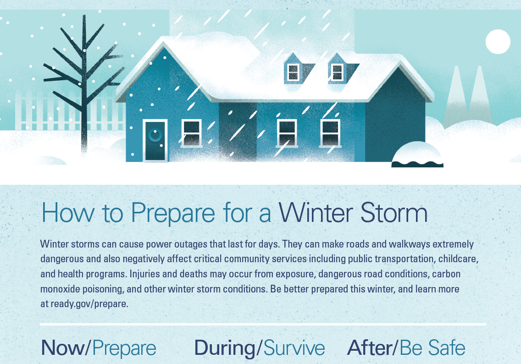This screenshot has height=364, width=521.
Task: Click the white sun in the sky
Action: [x=498, y=42]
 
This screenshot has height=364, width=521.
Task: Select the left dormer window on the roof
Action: [x=293, y=72]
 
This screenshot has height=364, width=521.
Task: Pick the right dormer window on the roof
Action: [x=337, y=72]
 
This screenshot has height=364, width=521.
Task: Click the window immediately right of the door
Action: [x=191, y=133]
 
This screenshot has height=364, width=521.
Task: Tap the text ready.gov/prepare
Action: [x=89, y=303]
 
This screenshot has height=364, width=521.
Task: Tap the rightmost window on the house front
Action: [x=330, y=133]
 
